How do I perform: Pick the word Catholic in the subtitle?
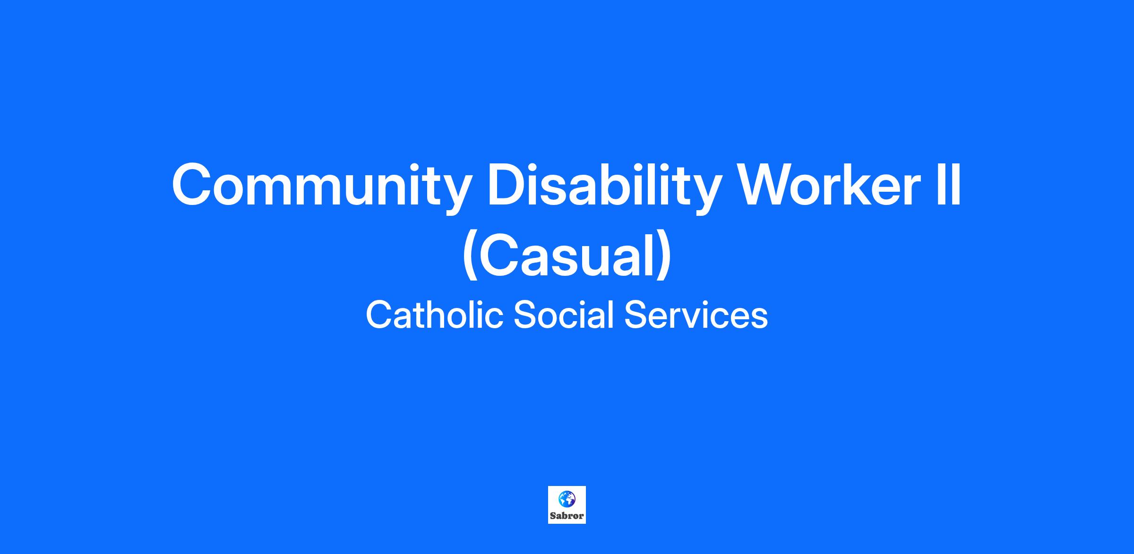(434, 315)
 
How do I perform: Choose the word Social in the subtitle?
(564, 315)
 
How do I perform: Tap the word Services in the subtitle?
(696, 315)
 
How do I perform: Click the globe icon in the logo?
(567, 499)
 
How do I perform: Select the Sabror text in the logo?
(567, 516)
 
